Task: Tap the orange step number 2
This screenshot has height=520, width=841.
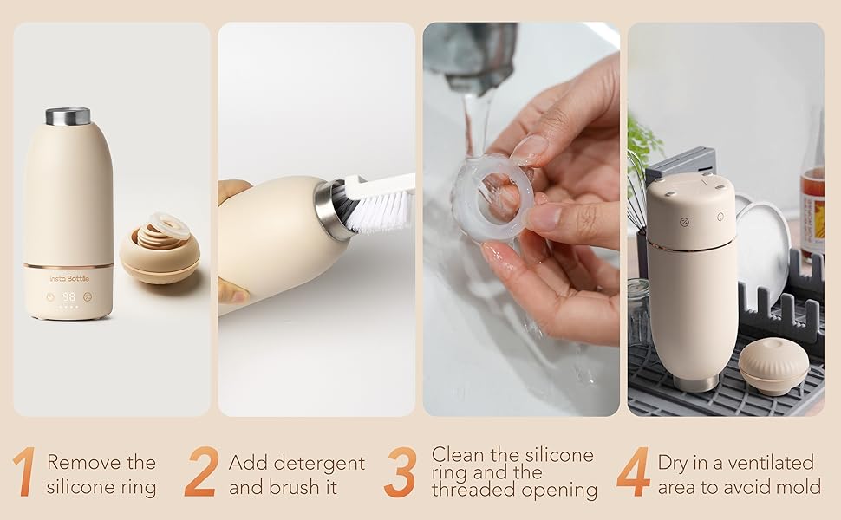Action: (x=201, y=472)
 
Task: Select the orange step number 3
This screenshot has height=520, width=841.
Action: (x=401, y=472)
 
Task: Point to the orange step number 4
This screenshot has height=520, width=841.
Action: (x=633, y=472)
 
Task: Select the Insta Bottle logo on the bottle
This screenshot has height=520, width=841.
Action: (x=68, y=278)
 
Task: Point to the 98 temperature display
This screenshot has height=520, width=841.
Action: (x=68, y=296)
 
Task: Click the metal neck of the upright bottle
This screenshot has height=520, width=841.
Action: (x=68, y=116)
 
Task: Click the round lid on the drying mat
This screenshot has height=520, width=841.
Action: (x=773, y=365)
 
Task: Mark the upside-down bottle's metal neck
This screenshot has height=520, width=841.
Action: (x=696, y=381)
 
